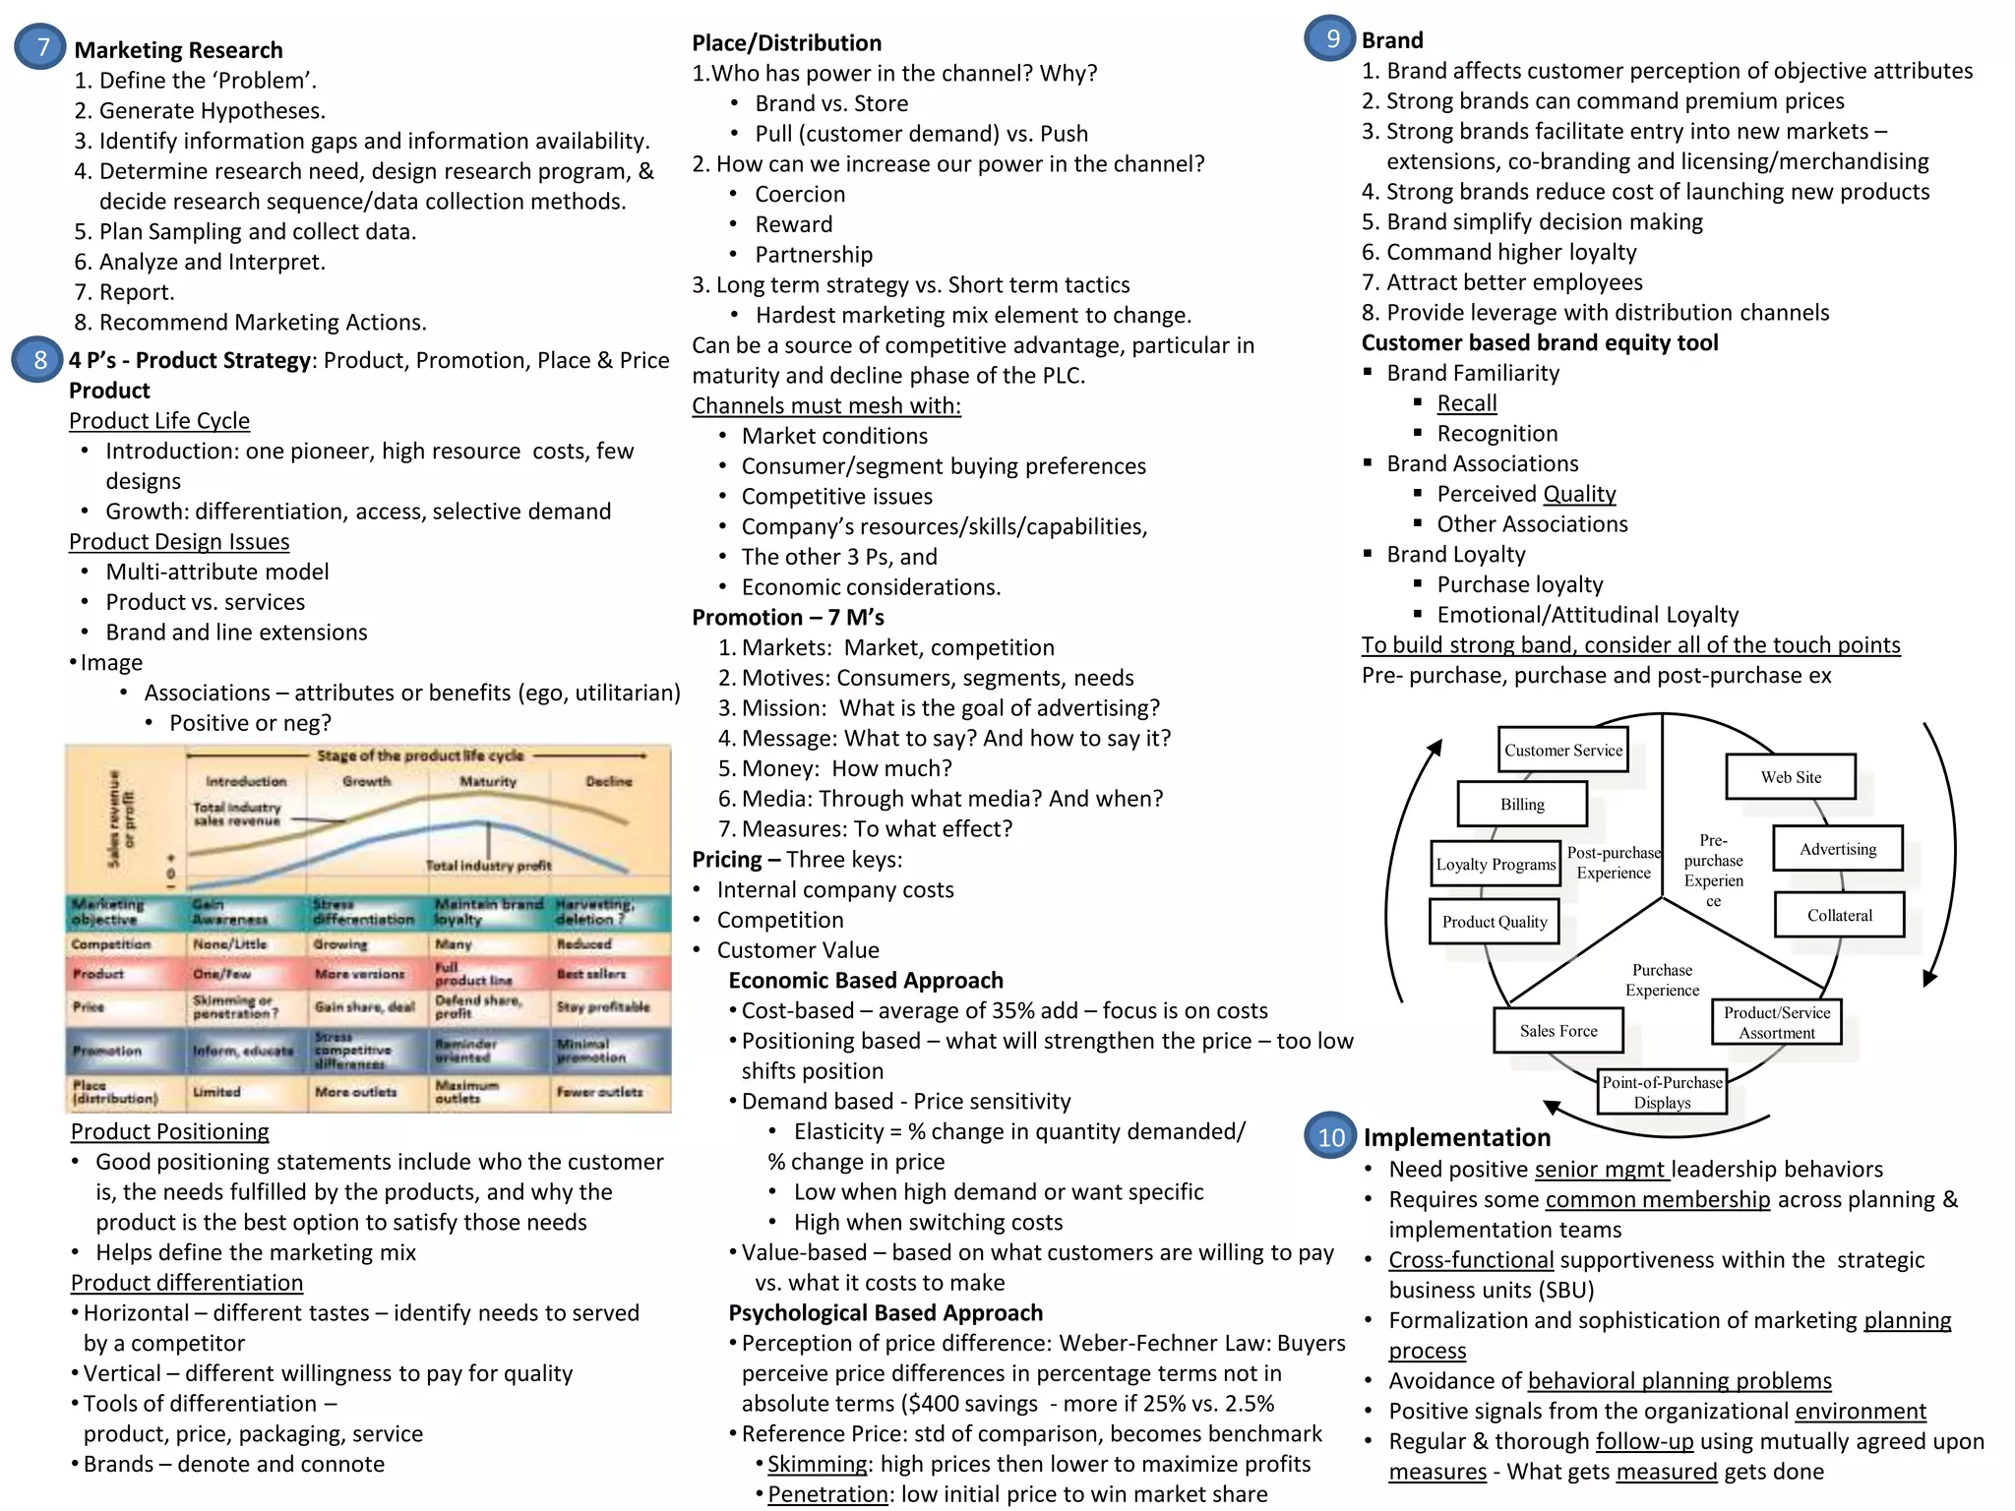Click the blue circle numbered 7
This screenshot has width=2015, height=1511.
coord(41,47)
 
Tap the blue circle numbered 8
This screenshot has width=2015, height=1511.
coord(38,360)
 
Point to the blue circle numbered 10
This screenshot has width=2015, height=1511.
coord(1330,1136)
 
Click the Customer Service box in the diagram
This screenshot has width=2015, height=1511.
coord(1562,751)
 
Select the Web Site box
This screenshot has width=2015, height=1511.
coord(1790,777)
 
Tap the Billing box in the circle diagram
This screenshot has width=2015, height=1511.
coord(1522,805)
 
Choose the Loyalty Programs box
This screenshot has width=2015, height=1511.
coord(1496,865)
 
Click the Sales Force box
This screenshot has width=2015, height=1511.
coord(1557,1031)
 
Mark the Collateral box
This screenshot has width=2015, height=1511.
coord(1839,915)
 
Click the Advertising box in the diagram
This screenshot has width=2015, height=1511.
coord(1837,849)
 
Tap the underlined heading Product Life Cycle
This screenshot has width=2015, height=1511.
coord(159,421)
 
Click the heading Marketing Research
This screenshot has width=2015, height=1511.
coord(178,50)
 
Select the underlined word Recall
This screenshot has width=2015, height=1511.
coord(1466,403)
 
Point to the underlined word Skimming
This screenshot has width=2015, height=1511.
coord(817,1464)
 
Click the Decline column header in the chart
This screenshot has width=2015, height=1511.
coord(609,781)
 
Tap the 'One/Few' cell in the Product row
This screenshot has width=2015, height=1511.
coord(222,974)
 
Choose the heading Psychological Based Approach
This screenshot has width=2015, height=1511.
coord(885,1313)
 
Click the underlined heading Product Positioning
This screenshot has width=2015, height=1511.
coord(169,1131)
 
